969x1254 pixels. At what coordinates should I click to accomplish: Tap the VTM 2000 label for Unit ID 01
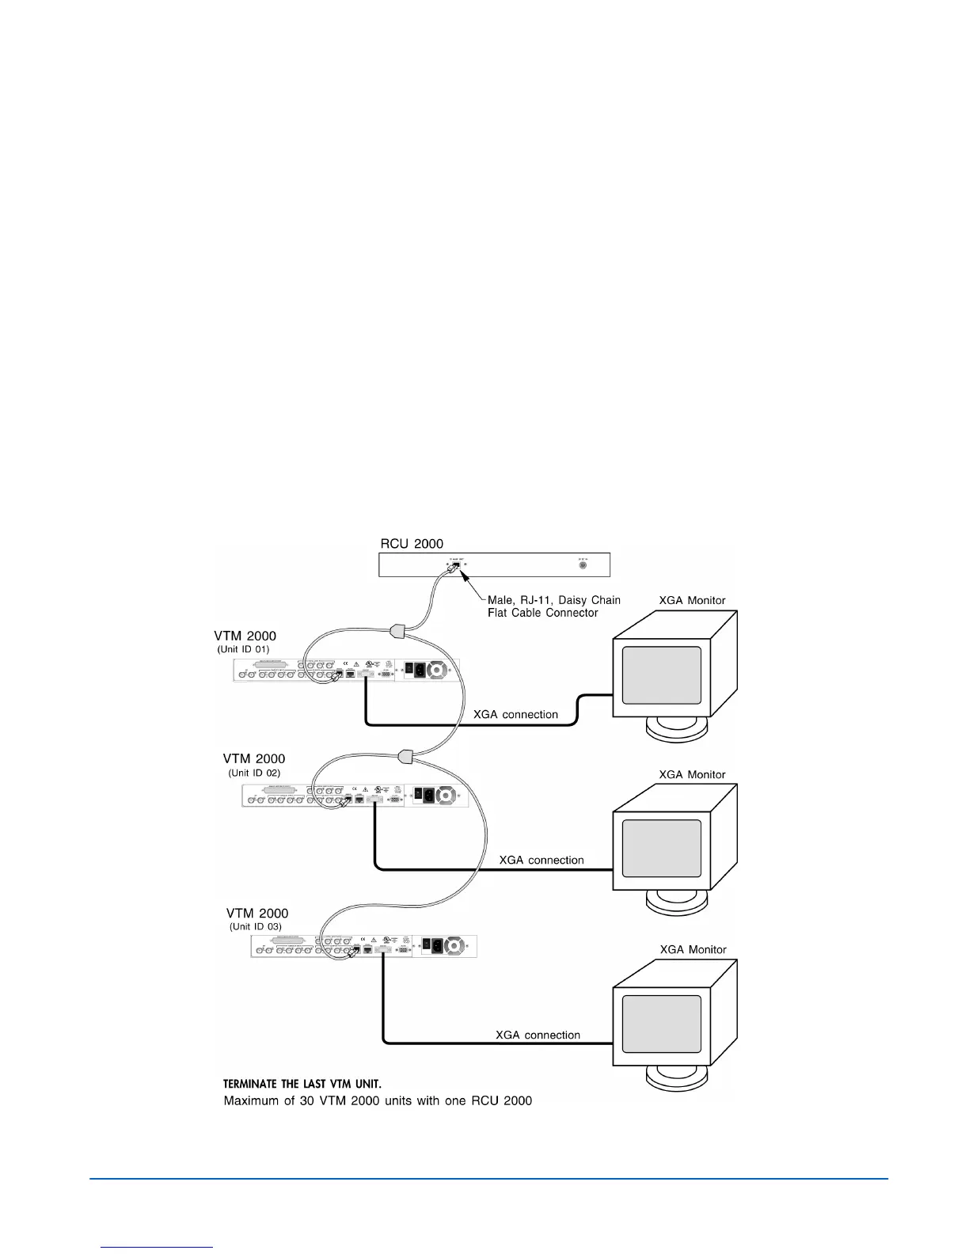point(245,636)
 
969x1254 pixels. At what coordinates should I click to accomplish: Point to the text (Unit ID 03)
point(256,926)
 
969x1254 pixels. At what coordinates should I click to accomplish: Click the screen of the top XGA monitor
point(662,674)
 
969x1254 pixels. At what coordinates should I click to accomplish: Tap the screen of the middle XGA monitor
point(662,848)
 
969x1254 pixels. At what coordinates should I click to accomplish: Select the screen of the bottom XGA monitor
point(662,1024)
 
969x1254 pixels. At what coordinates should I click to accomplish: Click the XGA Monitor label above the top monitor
point(693,600)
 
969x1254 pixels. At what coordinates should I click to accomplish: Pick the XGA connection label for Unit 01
point(515,714)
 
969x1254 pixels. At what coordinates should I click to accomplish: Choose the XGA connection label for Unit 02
point(541,860)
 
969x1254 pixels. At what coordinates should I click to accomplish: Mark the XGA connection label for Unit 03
point(538,1035)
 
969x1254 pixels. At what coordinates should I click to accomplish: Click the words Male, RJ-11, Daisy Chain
point(554,600)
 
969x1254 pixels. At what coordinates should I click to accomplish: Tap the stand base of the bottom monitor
point(678,1079)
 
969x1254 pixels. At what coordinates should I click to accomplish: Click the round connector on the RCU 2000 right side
point(583,564)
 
